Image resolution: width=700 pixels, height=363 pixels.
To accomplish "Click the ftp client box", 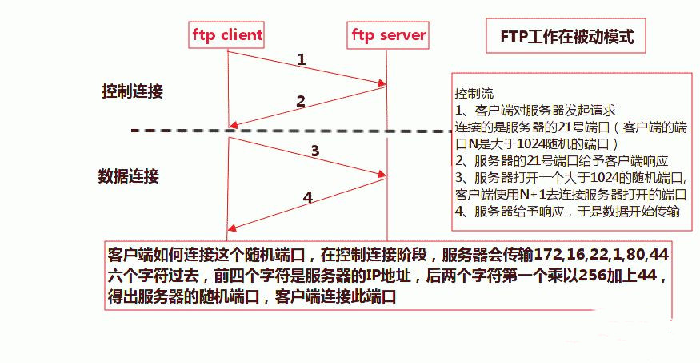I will [227, 35].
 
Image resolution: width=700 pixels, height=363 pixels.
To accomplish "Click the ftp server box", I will [389, 35].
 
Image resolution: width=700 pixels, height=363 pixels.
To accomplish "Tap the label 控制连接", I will [132, 91].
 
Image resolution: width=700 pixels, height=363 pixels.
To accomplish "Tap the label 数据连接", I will [129, 175].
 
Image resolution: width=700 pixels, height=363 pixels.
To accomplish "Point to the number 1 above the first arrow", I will [302, 59].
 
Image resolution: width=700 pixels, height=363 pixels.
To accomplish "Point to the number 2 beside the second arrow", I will [301, 101].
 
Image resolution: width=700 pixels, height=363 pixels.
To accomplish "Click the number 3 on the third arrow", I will [315, 150].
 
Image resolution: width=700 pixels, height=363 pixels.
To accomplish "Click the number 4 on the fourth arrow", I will [308, 197].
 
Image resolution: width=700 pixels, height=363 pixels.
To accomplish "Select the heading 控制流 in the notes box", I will [469, 93].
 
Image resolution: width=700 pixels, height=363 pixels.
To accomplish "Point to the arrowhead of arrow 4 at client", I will [231, 228].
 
